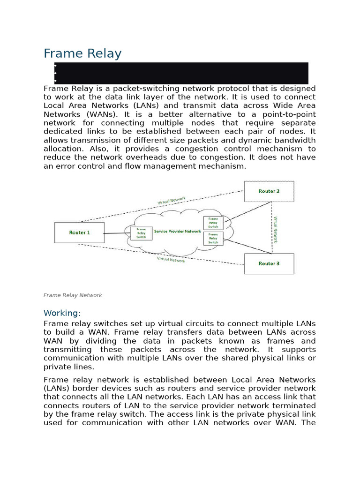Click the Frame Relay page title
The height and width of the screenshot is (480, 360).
[82, 53]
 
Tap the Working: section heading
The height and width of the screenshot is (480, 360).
[62, 313]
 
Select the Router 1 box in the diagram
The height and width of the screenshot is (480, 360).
[79, 232]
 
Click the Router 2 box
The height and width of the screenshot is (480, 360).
[269, 191]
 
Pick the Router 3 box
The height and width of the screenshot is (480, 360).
[269, 264]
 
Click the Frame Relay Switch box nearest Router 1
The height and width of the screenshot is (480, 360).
[141, 233]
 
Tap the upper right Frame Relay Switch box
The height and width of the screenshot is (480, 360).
[213, 223]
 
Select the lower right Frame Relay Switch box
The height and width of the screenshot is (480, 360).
[213, 238]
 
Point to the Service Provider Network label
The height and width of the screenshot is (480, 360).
[177, 232]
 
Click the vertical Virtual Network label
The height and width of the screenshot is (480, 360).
[276, 229]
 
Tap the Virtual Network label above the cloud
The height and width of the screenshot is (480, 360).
[172, 201]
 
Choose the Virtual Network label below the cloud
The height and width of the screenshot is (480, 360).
[171, 259]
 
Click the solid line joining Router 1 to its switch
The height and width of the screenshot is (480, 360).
[117, 233]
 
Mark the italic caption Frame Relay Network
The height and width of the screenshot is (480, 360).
[73, 295]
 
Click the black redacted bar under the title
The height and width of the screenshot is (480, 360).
[181, 73]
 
